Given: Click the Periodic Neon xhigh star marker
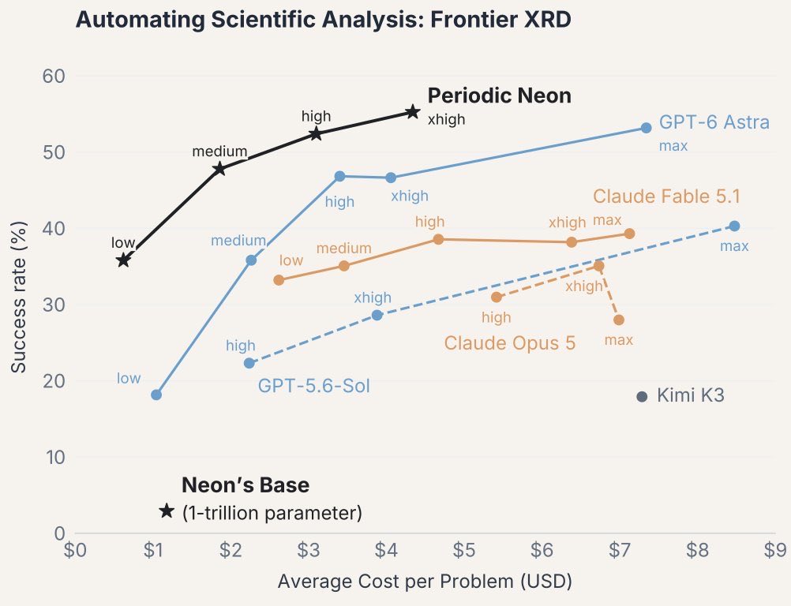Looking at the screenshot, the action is pyautogui.click(x=413, y=112).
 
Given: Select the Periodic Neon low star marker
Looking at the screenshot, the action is pyautogui.click(x=124, y=260).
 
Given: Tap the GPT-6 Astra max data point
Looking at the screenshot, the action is pyautogui.click(x=647, y=128).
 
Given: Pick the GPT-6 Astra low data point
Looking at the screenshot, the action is pyautogui.click(x=156, y=395).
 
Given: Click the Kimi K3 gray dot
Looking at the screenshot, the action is pyautogui.click(x=642, y=397).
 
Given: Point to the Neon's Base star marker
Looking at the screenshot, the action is pyautogui.click(x=167, y=511).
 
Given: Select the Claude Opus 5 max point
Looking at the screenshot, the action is pyautogui.click(x=619, y=320).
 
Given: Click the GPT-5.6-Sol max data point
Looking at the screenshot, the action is pyautogui.click(x=734, y=226).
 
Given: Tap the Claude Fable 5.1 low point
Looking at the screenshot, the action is pyautogui.click(x=279, y=280).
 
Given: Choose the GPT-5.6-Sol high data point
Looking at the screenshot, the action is pyautogui.click(x=249, y=363).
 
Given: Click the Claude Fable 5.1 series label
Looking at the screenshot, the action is pyautogui.click(x=666, y=196).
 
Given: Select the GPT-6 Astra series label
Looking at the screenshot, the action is pyautogui.click(x=714, y=122).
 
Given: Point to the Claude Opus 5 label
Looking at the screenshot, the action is pyautogui.click(x=509, y=342).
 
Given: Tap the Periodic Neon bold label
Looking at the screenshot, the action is pyautogui.click(x=500, y=95).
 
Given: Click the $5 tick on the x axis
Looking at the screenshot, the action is pyautogui.click(x=463, y=550).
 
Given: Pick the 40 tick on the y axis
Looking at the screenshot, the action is pyautogui.click(x=54, y=228).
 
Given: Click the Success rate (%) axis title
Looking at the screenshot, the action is pyautogui.click(x=18, y=297).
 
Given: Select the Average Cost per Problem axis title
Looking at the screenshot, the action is pyautogui.click(x=425, y=582).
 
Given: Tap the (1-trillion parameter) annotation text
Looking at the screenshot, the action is pyautogui.click(x=272, y=513).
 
